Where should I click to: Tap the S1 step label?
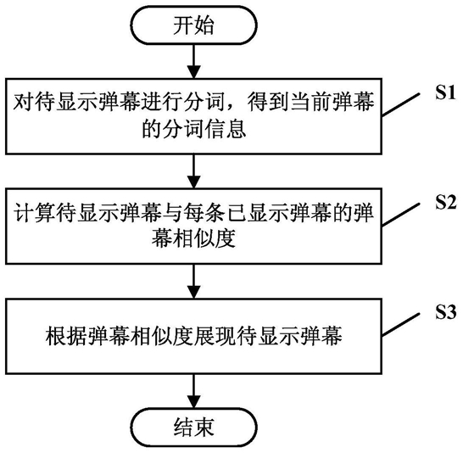click(445, 92)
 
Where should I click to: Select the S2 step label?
click(445, 202)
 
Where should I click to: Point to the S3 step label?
click(445, 312)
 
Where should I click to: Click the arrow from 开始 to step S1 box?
click(194, 62)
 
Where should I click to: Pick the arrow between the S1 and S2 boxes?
click(194, 171)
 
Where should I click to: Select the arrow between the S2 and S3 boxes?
click(194, 281)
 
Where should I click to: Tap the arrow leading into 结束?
click(194, 391)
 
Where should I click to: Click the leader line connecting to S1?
click(401, 104)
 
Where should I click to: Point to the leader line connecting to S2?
click(401, 215)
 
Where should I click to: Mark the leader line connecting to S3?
click(401, 324)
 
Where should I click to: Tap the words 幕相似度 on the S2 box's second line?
click(194, 238)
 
